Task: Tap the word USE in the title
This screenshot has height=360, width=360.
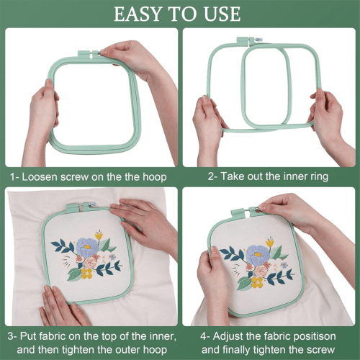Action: point(222,14)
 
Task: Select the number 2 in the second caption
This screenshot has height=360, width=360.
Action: point(211,176)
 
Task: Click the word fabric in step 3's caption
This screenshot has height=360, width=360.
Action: point(50,336)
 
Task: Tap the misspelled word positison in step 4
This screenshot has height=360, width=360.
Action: point(315,337)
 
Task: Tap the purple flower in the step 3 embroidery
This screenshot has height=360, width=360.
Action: point(87,248)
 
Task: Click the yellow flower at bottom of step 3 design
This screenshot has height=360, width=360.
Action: point(86,274)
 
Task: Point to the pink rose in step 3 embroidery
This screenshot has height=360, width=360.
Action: point(90,263)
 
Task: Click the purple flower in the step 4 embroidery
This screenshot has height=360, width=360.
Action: point(257,256)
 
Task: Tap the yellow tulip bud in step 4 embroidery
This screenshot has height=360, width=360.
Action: point(270,243)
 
